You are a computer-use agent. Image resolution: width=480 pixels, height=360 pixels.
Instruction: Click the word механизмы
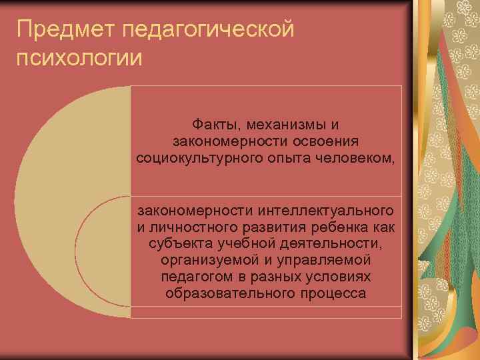(x=283, y=124)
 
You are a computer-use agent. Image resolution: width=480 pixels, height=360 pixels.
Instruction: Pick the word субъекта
(x=176, y=244)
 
